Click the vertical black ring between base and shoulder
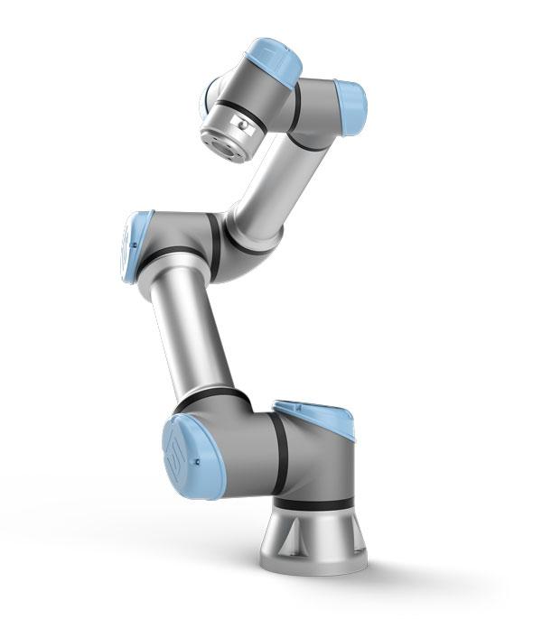coord(281,443)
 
